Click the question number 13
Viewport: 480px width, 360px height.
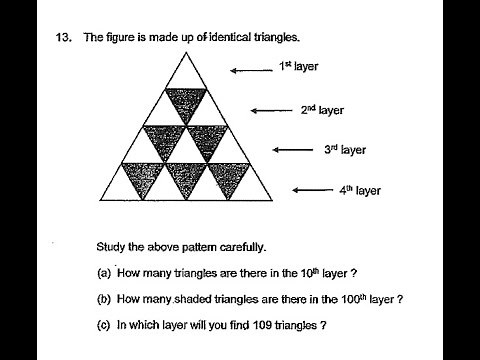pos(64,38)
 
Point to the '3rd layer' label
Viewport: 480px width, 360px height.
pos(345,150)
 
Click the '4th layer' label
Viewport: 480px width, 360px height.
pos(360,190)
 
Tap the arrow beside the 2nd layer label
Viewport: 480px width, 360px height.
pos(268,111)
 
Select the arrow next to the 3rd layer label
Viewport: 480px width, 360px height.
pos(292,150)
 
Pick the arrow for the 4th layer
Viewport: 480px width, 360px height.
pos(312,190)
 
